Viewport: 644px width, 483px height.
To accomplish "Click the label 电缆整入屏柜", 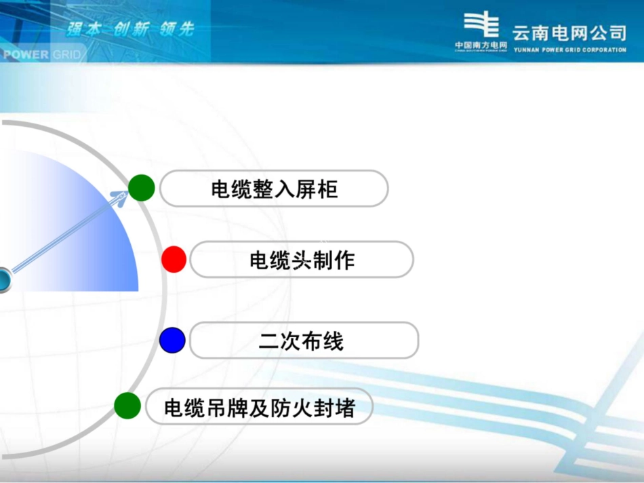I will click(274, 189).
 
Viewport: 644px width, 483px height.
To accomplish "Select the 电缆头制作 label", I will click(302, 260).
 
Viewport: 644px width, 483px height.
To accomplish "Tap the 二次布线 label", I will click(302, 341).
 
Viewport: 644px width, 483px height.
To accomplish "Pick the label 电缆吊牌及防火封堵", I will click(259, 407).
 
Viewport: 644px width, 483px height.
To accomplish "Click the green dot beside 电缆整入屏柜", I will click(141, 187).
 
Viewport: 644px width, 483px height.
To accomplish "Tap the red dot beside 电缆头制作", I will click(174, 259).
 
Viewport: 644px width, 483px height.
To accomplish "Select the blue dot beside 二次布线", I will click(173, 340).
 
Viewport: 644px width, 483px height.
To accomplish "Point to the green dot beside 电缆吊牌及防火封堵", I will click(127, 406).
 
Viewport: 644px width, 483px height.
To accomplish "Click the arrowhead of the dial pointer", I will click(119, 198).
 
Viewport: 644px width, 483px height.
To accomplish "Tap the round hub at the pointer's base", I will click(3, 279).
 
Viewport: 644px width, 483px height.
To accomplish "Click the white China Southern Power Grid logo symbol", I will click(481, 26).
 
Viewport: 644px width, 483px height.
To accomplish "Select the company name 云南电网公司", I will click(569, 33).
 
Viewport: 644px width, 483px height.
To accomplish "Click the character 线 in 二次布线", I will click(333, 341).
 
